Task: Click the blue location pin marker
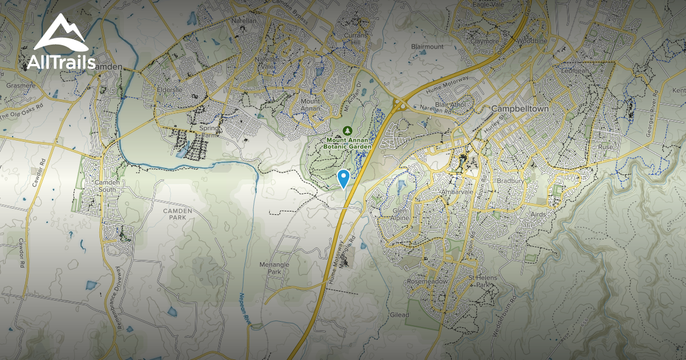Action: [343, 178]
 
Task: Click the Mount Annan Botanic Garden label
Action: [348, 143]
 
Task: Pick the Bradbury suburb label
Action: [509, 181]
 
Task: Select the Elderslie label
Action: [170, 89]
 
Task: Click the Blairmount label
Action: [427, 46]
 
